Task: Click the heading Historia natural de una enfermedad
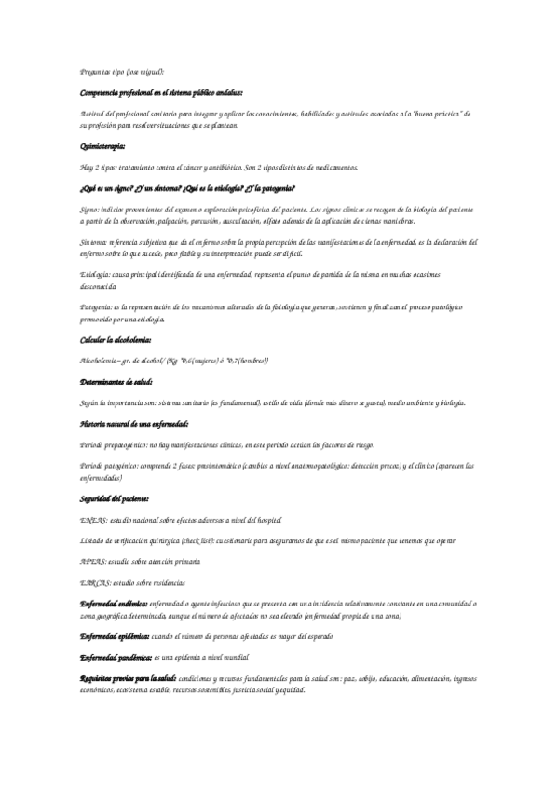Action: click(x=136, y=424)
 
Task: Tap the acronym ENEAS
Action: click(x=94, y=519)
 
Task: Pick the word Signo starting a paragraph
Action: click(x=90, y=210)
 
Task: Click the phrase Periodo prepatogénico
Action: click(x=116, y=444)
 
